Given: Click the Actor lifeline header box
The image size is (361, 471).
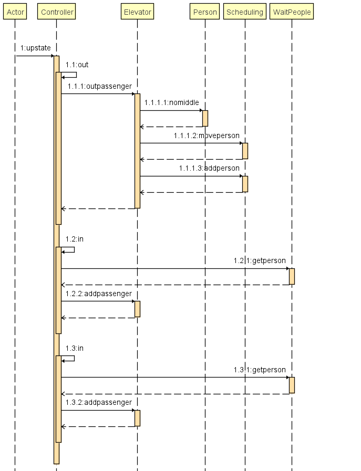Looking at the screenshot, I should (x=15, y=12).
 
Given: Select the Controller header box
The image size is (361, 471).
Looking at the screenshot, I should (x=57, y=12).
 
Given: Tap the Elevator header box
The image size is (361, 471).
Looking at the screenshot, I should (x=137, y=12).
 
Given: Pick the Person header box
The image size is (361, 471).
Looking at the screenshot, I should (x=205, y=12).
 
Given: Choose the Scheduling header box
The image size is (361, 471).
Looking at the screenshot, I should (x=245, y=12).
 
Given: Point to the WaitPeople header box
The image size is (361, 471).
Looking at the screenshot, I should (x=292, y=12).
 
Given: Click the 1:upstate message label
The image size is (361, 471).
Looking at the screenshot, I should (x=36, y=48).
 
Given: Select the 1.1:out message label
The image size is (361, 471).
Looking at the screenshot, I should (x=77, y=65).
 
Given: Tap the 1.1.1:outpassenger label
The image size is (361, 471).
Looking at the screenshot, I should (x=100, y=86).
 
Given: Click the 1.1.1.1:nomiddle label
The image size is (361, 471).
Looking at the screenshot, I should (x=171, y=102).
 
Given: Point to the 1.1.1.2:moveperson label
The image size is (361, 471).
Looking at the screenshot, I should (x=207, y=135).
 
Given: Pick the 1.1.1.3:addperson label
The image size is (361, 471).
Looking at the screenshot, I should (x=209, y=168).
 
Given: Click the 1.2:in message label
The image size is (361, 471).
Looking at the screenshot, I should (x=75, y=239).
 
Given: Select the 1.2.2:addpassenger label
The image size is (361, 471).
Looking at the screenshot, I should (x=99, y=294).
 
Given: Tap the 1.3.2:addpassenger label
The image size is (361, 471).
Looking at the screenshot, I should (x=99, y=402).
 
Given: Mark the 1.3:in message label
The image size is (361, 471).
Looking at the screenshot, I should (x=75, y=348).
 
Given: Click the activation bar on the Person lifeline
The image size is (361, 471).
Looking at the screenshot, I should (x=205, y=118).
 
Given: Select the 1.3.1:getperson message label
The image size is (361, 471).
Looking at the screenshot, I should (x=260, y=370).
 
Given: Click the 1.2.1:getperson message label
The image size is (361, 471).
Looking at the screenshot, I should (x=260, y=260).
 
